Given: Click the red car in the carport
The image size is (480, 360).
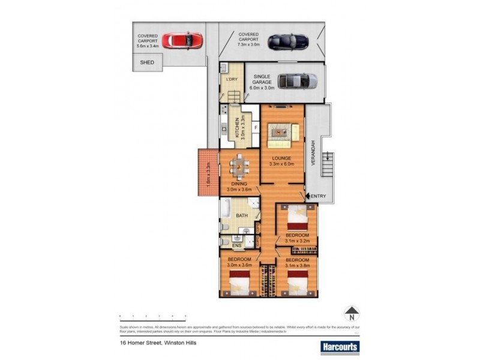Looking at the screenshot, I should [x=184, y=41].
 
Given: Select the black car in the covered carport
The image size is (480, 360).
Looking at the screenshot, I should [x=288, y=41].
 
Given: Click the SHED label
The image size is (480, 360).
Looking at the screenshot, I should [x=147, y=62].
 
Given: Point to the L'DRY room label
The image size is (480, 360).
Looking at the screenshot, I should [x=232, y=79].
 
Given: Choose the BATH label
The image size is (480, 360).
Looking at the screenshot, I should [x=242, y=215].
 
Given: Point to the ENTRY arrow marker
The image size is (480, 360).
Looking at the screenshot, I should [x=308, y=196].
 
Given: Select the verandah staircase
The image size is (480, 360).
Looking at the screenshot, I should [x=327, y=164].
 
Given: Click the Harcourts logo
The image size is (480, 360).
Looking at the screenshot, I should [x=339, y=347].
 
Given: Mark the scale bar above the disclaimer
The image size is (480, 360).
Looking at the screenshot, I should [x=152, y=315].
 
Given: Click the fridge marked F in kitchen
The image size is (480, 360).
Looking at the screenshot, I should [x=255, y=128].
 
